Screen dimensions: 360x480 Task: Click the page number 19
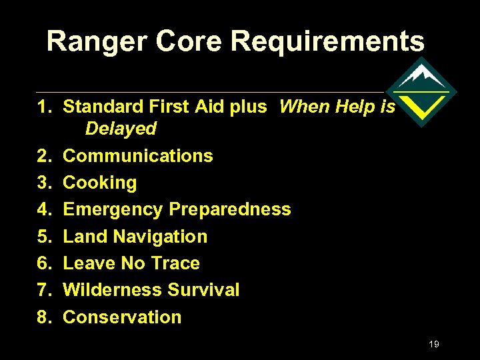(x=434, y=344)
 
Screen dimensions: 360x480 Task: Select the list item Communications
(x=137, y=156)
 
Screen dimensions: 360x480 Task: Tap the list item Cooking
(x=99, y=183)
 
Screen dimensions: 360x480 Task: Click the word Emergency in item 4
(x=113, y=209)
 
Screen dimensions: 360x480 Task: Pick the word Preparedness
(x=229, y=209)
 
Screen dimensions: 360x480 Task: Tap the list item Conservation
(x=121, y=317)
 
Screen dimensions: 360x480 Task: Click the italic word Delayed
(x=121, y=129)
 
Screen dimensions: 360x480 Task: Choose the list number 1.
(x=43, y=107)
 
